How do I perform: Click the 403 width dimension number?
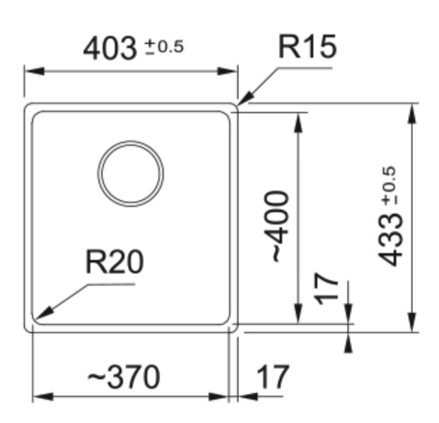pyautogui.click(x=110, y=49)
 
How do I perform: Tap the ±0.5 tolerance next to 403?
pyautogui.click(x=164, y=47)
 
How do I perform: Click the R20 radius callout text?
pyautogui.click(x=114, y=262)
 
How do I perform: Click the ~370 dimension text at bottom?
pyautogui.click(x=124, y=377)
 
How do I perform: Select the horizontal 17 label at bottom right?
pyautogui.click(x=271, y=377)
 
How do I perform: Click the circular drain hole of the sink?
pyautogui.click(x=131, y=173)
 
